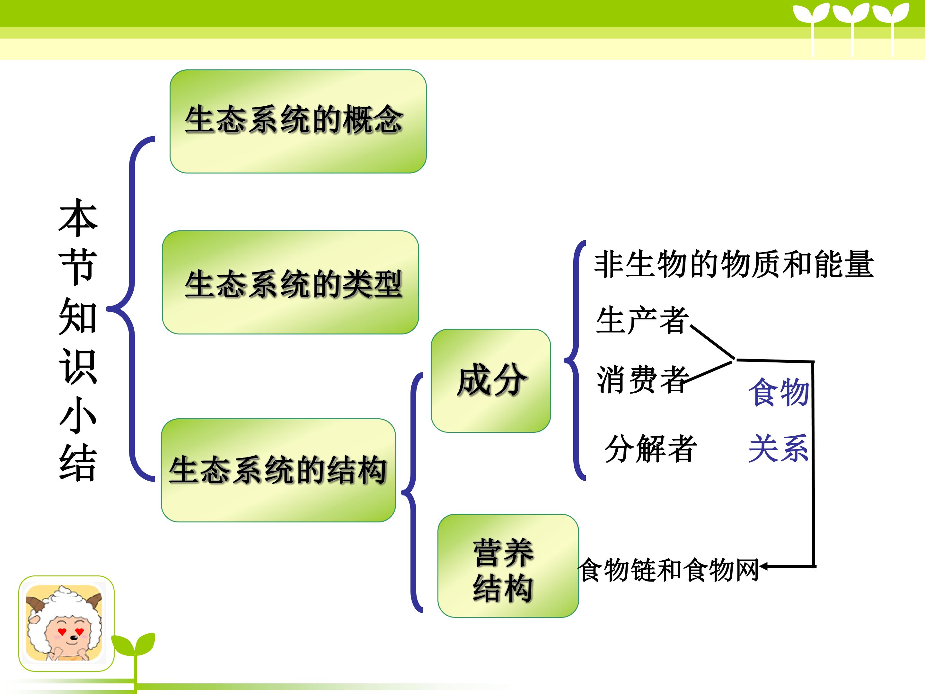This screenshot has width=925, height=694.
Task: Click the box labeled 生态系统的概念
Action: pos(298,121)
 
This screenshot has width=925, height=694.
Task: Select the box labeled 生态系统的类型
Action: pos(290,282)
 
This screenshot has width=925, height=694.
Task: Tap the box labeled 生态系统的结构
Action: pos(278,470)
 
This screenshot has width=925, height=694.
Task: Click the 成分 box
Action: pos(490,381)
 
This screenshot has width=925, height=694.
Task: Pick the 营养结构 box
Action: pos(508,565)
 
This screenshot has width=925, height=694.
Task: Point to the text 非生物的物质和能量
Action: pos(734,264)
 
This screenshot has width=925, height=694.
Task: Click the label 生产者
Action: pos(642,320)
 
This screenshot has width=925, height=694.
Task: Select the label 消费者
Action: pos(642,379)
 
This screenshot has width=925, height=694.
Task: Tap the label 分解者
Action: pos(651,449)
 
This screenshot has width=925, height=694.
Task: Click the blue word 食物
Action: pos(779,392)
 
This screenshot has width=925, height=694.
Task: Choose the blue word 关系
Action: pos(779,449)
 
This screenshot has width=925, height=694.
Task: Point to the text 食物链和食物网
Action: pos(668,570)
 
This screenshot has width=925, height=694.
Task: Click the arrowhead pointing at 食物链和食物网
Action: pos(763,566)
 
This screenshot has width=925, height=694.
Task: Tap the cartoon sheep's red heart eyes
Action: pos(71,631)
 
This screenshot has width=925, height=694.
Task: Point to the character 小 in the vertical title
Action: pos(78,414)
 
